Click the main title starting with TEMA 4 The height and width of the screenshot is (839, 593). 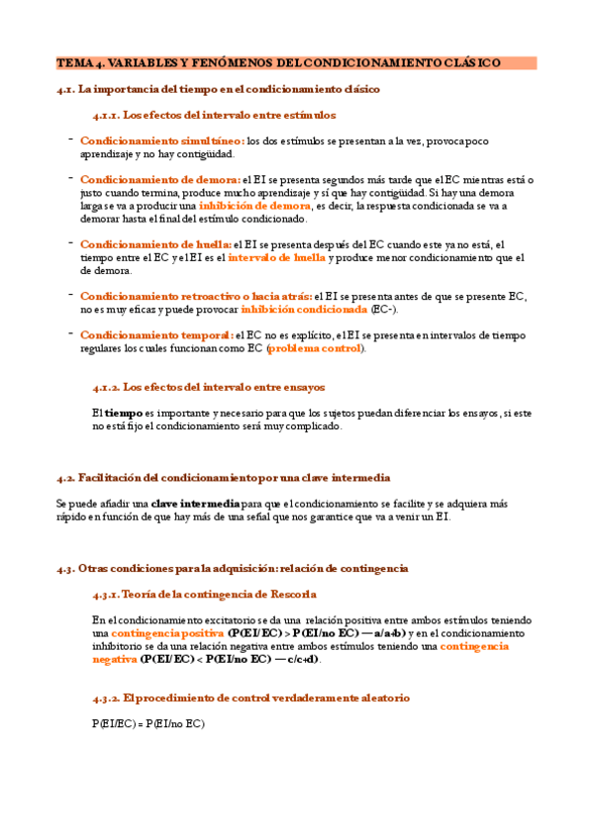[278, 62]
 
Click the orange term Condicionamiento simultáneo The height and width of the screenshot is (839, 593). [162, 140]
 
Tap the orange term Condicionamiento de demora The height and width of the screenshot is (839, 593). [159, 179]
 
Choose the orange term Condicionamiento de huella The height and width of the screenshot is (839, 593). [155, 244]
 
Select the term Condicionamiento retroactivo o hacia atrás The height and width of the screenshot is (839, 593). [195, 296]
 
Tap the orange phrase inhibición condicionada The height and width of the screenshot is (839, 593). [310, 309]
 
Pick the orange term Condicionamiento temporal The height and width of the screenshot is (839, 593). [156, 334]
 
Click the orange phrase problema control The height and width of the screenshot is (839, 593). [314, 348]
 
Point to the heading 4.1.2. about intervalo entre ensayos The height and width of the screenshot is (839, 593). [208, 387]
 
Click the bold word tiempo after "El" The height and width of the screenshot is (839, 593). [123, 413]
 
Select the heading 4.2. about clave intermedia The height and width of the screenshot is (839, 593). [224, 477]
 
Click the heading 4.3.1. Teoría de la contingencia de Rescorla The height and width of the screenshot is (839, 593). [204, 594]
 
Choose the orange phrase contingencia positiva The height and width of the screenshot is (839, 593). [166, 632]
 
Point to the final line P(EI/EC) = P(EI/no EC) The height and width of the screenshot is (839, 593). [148, 723]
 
